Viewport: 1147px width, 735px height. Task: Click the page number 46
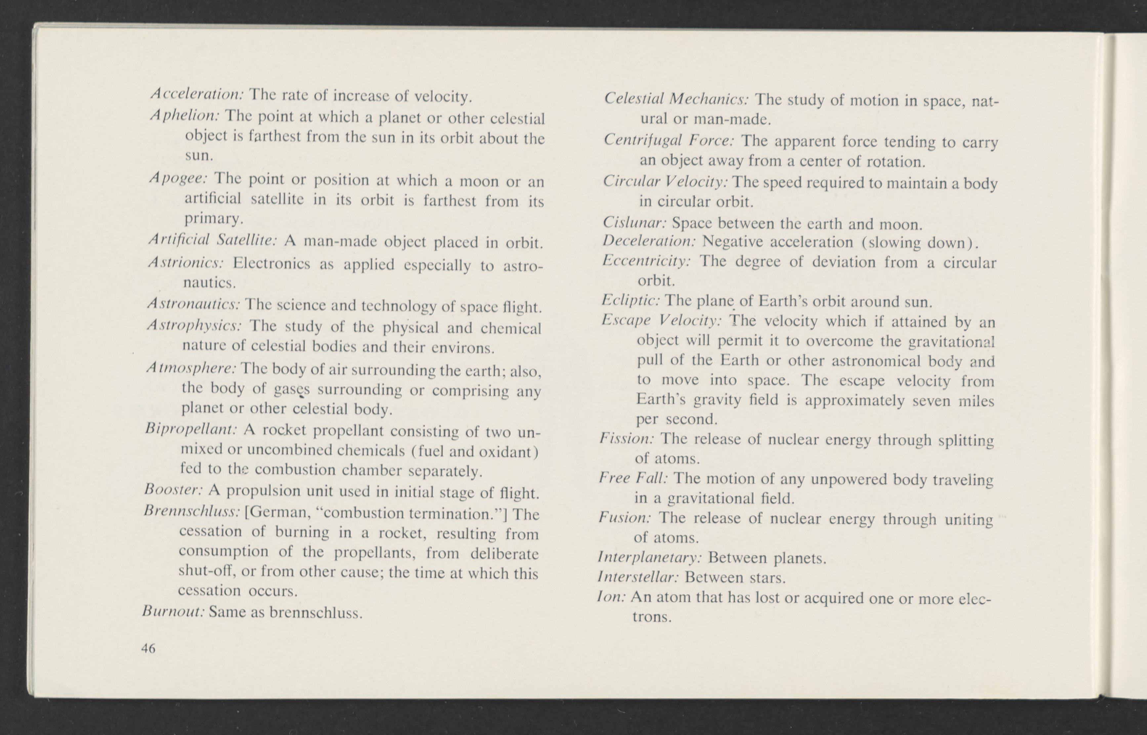(148, 648)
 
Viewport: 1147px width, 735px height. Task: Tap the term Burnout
(173, 611)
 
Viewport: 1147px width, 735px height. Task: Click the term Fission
(627, 438)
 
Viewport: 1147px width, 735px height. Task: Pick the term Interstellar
(638, 577)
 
